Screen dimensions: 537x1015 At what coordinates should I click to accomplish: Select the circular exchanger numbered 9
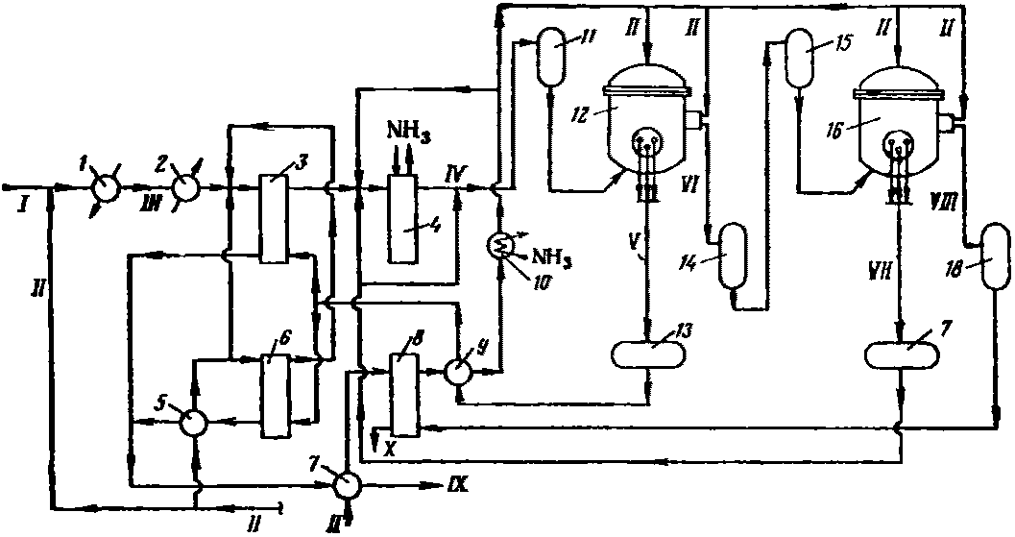click(458, 373)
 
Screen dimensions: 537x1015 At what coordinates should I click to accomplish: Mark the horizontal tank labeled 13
click(650, 354)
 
